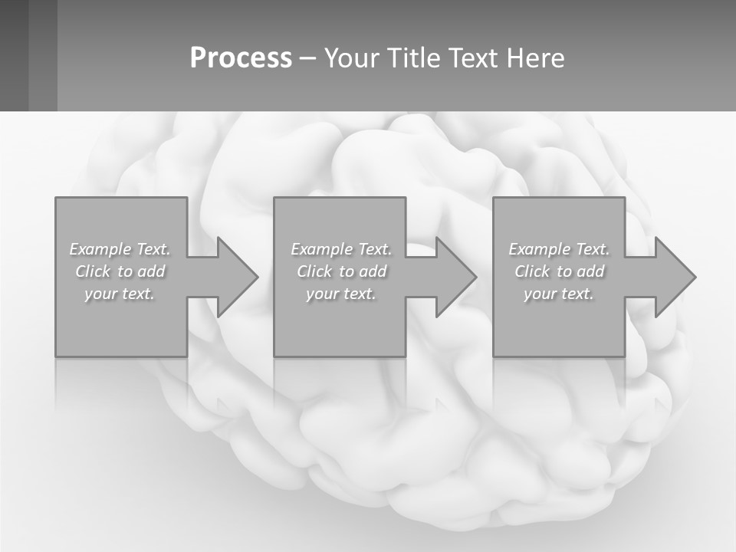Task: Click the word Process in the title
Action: [x=241, y=58]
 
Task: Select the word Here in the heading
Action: [x=535, y=58]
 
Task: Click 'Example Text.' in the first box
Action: [x=120, y=249]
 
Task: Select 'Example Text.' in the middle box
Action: [x=341, y=249]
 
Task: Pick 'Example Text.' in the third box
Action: [x=559, y=249]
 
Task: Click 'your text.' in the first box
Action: [x=120, y=294]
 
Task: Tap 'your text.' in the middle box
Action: [x=340, y=294]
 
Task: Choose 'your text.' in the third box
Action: [x=558, y=294]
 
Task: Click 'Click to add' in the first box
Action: [x=120, y=271]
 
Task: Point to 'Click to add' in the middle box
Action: [x=341, y=271]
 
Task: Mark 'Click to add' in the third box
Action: [x=559, y=271]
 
